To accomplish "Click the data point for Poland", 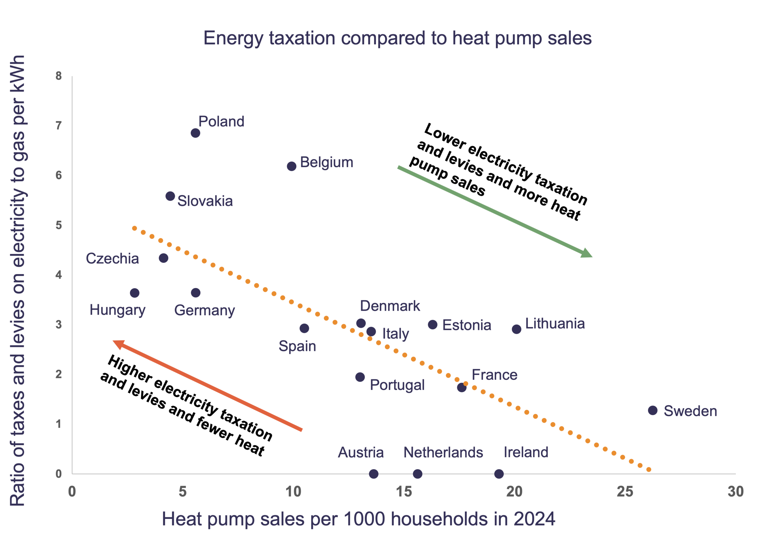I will coord(195,133).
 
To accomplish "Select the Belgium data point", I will coord(291,166).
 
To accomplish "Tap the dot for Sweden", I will coord(652,410).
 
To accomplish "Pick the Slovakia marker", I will coord(170,196).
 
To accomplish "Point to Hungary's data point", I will coord(134,293).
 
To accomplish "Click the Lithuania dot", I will coord(517,329).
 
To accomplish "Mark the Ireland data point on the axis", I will coord(499,474).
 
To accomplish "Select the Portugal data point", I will coord(360,377).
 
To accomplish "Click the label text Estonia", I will coord(466,325).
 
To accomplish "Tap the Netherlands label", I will coord(443,452).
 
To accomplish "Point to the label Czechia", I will coord(112,259).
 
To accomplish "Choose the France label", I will coord(494,375).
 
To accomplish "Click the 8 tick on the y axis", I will coord(59,76).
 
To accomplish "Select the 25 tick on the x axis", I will coord(625,492).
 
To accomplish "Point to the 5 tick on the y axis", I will coord(59,225).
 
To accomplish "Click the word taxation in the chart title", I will coord(302,38).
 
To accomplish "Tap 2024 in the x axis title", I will coord(534,519).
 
